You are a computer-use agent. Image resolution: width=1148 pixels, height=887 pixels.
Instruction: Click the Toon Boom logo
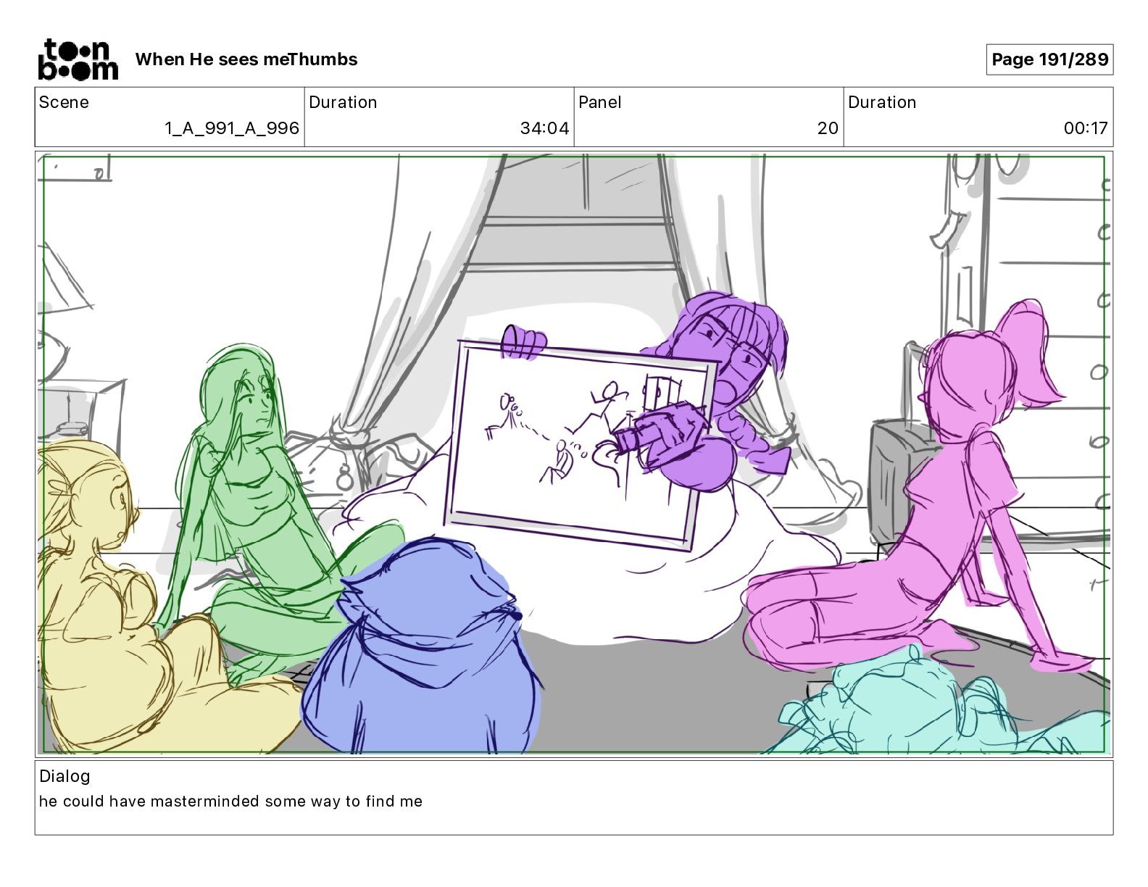(78, 59)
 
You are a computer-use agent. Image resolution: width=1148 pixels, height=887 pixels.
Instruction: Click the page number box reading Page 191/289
(1049, 59)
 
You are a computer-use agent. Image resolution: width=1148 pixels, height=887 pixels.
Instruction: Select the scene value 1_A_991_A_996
(232, 128)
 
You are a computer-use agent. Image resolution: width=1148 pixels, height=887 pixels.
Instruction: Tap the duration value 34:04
(544, 128)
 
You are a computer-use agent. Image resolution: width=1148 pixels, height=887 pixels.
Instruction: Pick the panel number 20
(828, 128)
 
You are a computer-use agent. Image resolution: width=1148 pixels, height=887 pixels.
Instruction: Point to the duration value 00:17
(1085, 128)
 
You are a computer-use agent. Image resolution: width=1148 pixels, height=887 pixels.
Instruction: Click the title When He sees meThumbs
(246, 59)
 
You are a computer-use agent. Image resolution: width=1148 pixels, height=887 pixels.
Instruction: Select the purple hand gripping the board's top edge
(523, 342)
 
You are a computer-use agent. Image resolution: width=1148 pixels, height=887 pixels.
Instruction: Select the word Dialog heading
(65, 776)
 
